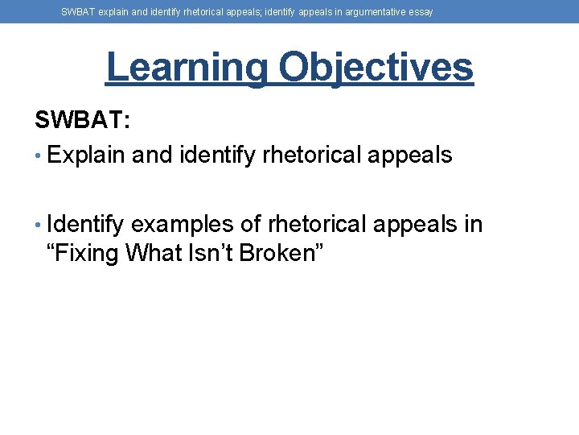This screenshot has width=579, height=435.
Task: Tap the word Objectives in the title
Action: pos(376,68)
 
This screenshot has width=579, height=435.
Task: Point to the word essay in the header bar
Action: pos(421,12)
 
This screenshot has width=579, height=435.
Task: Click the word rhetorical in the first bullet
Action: pos(310,155)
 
